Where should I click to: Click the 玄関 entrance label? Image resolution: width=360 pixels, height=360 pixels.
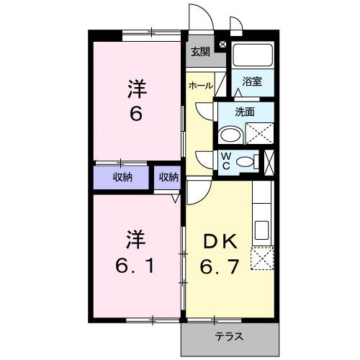(x=201, y=52)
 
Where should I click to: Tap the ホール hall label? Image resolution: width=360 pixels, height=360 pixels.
(x=201, y=86)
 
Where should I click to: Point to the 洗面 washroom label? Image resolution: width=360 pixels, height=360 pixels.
(x=246, y=112)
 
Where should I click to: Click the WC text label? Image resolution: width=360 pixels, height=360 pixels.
(x=225, y=160)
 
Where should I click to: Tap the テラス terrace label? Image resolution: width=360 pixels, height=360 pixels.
(x=228, y=336)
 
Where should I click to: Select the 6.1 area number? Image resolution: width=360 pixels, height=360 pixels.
(x=136, y=266)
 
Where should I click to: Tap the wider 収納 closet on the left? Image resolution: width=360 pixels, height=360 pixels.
(x=122, y=177)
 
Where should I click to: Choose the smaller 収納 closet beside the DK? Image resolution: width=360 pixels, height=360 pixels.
(x=168, y=177)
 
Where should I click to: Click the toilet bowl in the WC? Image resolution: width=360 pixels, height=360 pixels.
(x=246, y=161)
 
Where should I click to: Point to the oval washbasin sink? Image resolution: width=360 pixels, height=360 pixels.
(x=230, y=135)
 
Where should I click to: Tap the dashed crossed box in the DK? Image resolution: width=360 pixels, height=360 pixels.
(x=261, y=257)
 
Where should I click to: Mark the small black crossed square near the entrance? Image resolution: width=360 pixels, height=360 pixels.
(x=221, y=45)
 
